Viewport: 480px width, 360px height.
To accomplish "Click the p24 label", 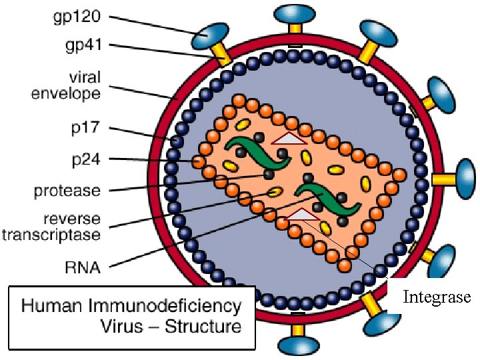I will coord(85,159).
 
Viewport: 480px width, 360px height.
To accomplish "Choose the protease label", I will coord(67,191).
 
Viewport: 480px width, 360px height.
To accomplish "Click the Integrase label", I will coord(437,297).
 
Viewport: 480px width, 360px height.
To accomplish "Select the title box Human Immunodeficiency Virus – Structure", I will coord(132,317).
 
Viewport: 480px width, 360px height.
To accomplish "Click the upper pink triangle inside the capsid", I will coord(289,138).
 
